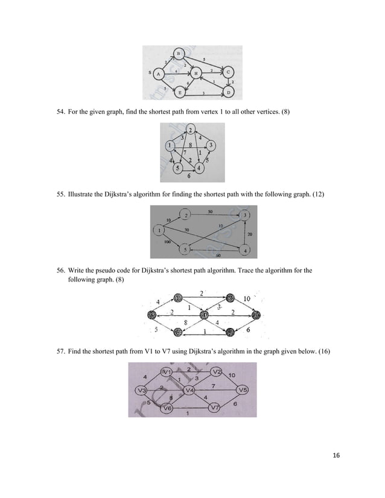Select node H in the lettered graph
(196, 74)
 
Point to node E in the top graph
(179, 92)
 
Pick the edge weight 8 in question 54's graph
(190, 145)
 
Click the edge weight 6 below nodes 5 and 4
(189, 176)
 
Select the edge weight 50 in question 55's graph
(209, 212)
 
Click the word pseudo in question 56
(101, 270)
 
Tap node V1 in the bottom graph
(168, 371)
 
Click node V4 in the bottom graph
(189, 389)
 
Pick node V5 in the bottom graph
(242, 389)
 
